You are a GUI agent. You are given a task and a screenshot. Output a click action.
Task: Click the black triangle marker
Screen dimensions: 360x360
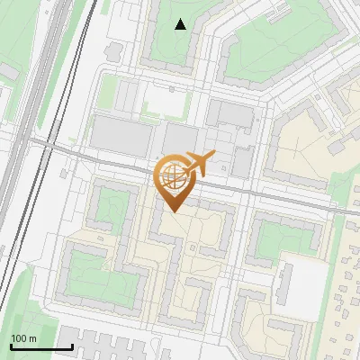click(x=181, y=24)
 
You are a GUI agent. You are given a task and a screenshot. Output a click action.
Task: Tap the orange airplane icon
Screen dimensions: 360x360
click(x=200, y=163)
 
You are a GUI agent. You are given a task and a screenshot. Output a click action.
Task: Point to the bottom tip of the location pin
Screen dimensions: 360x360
click(x=171, y=211)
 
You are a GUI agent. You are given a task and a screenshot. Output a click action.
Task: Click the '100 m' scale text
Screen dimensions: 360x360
click(x=23, y=338)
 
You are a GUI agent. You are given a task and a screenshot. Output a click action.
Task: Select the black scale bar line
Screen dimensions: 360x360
click(x=40, y=346)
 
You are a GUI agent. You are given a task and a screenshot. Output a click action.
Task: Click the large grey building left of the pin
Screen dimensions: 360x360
click(x=122, y=134)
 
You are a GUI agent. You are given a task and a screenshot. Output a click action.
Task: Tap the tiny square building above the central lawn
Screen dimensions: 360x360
click(x=172, y=88)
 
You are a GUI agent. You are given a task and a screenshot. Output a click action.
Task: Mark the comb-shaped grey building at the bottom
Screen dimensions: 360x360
click(x=108, y=344)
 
